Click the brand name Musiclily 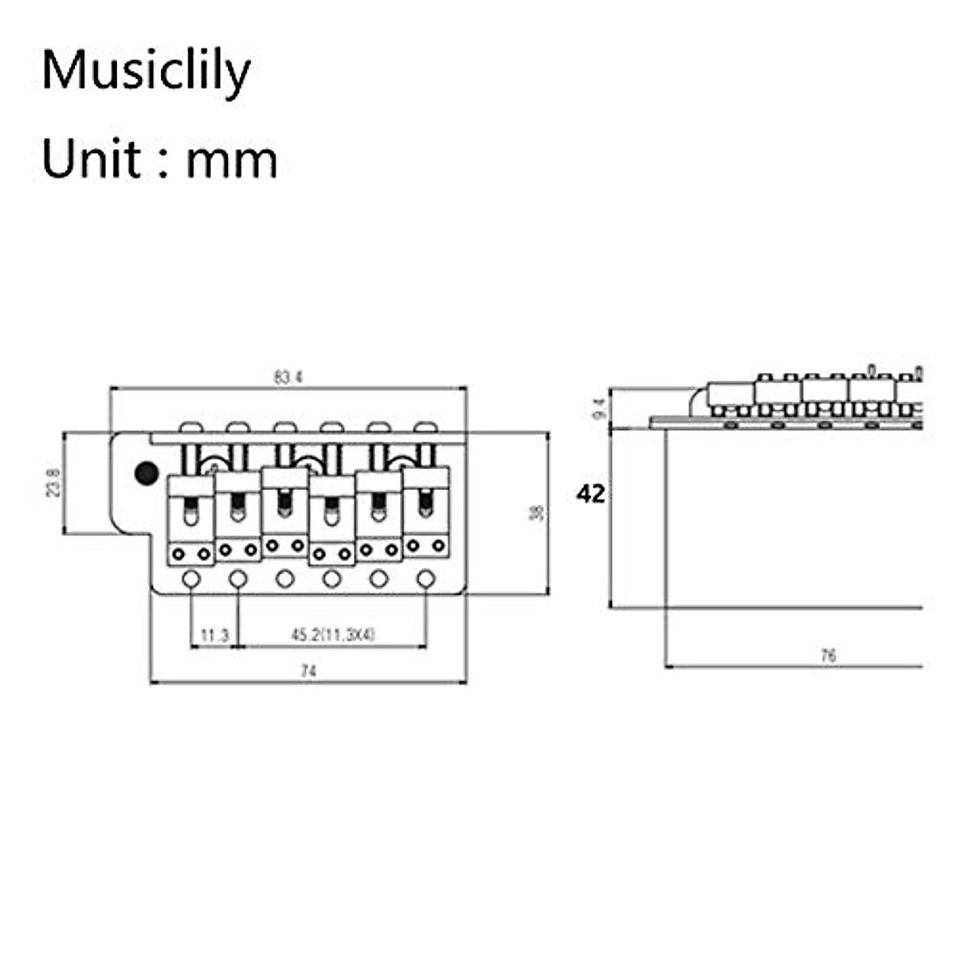pos(146,70)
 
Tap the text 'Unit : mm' pos(159,159)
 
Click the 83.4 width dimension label pos(288,377)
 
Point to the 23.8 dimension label pos(53,483)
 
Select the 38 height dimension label pos(537,513)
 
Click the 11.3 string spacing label pos(214,635)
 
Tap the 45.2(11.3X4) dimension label pos(332,635)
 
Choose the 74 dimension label pos(308,672)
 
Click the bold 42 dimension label pos(590,494)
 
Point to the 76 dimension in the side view pos(828,655)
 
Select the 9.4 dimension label pos(600,409)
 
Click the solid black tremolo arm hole pos(146,472)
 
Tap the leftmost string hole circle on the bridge pos(190,579)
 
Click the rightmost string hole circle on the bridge pos(426,578)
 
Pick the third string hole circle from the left pos(284,579)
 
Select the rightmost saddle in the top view pos(426,510)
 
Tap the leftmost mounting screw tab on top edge pos(190,428)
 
